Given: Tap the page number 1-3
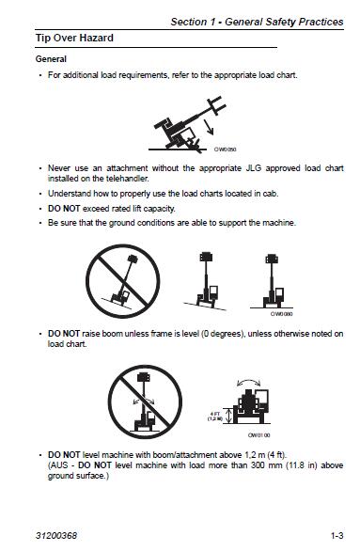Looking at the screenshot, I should click(337, 535).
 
